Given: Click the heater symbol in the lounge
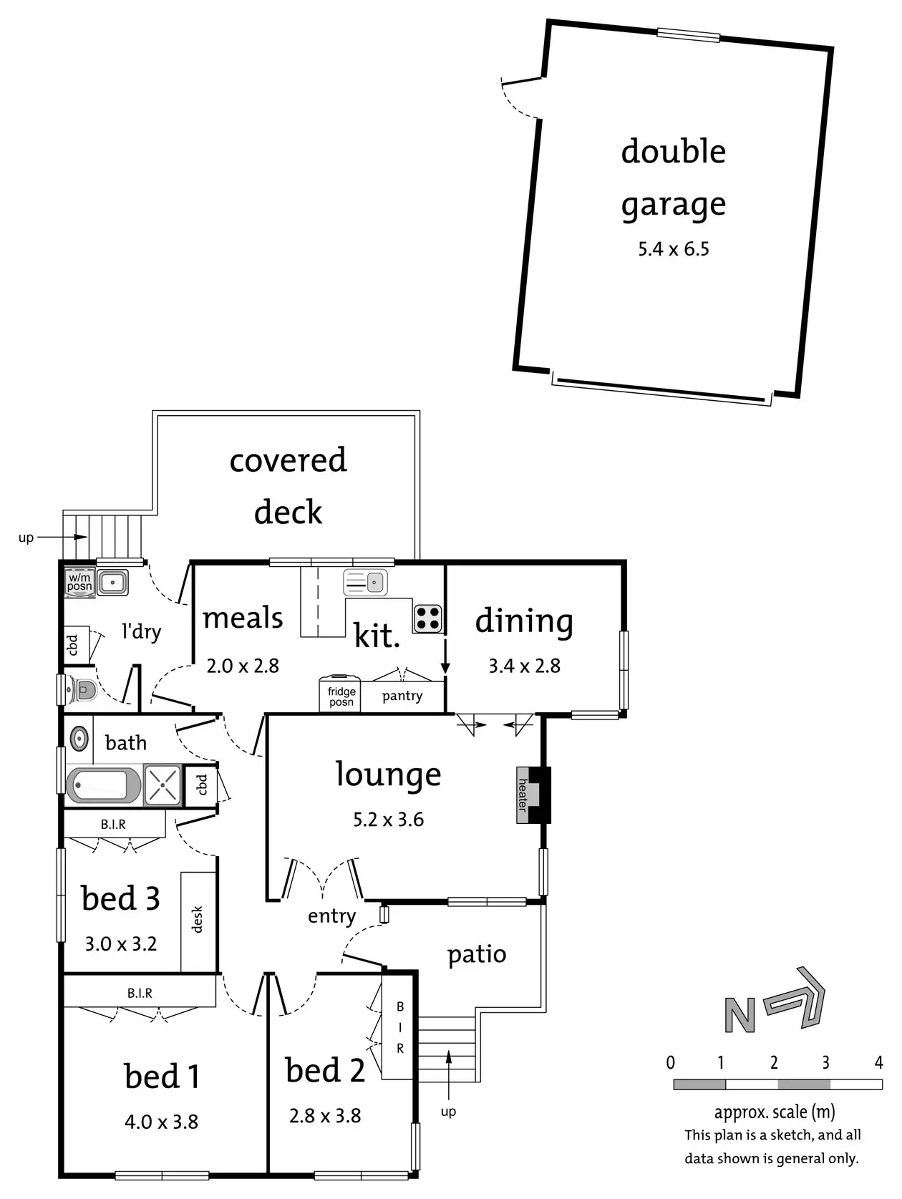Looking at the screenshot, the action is tap(523, 795).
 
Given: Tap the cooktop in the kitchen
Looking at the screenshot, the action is tap(427, 618).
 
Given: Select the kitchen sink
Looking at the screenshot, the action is tap(365, 583).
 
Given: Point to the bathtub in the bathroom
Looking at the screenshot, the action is tap(104, 785).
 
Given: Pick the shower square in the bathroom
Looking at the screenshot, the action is tap(163, 785).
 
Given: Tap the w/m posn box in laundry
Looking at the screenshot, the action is tap(79, 582).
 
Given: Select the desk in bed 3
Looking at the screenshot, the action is tap(198, 921).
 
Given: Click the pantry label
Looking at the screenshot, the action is tap(402, 696).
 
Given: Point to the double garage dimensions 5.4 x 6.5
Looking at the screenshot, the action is tap(674, 249).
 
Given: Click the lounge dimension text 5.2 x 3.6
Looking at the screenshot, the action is tap(388, 820).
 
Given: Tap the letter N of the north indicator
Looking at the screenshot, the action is tap(739, 1015).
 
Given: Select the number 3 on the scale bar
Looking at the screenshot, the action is tap(825, 1062).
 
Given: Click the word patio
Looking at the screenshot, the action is tap(477, 954).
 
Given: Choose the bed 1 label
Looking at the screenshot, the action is tap(162, 1077).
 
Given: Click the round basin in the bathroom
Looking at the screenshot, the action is tap(79, 738).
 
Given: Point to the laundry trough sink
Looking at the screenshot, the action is tap(112, 583).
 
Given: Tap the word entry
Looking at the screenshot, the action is tap(331, 916).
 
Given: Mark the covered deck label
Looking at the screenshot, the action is tap(288, 486).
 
